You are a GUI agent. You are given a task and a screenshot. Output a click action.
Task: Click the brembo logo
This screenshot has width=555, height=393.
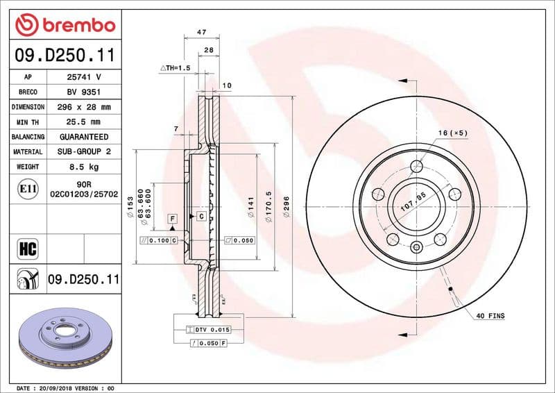click(64, 25)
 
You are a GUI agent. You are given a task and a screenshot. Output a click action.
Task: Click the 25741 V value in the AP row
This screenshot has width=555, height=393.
click(84, 77)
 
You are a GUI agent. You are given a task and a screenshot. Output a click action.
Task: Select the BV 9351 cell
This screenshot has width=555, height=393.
click(84, 92)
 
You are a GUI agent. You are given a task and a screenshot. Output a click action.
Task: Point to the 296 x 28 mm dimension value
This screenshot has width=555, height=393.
click(84, 107)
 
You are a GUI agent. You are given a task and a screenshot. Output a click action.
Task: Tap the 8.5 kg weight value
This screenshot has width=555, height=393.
click(84, 167)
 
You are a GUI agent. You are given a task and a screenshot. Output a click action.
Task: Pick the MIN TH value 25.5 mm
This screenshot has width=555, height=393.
click(84, 122)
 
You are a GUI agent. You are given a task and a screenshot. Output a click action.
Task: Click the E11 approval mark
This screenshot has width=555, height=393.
click(28, 188)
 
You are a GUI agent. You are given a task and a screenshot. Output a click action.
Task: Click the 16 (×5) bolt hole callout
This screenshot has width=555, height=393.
click(453, 133)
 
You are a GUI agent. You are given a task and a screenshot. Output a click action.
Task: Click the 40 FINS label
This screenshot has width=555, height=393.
click(490, 317)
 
